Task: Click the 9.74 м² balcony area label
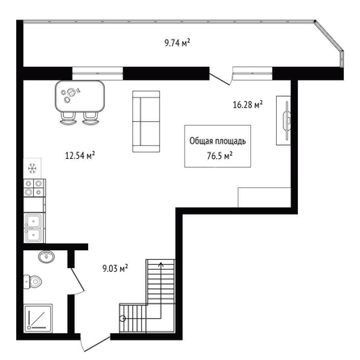coord(178,43)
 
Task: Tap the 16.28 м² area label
coord(248,104)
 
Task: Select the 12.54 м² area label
coord(80,155)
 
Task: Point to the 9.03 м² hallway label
coord(115,268)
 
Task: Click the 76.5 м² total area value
coord(220,156)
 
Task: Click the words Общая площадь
coord(218,141)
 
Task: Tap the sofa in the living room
coord(146,121)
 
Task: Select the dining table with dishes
coord(80,96)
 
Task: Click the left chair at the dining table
coord(68,119)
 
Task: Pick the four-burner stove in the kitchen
coord(34,187)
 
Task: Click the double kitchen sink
coord(33,228)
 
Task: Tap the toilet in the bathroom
coord(33,282)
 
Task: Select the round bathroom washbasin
coord(46,257)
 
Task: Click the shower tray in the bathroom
coord(38,318)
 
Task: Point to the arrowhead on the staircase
coord(161,264)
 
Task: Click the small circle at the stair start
coord(123,319)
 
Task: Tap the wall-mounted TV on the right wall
coord(287,120)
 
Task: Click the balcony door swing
coord(220,78)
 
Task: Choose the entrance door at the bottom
coord(94,344)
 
